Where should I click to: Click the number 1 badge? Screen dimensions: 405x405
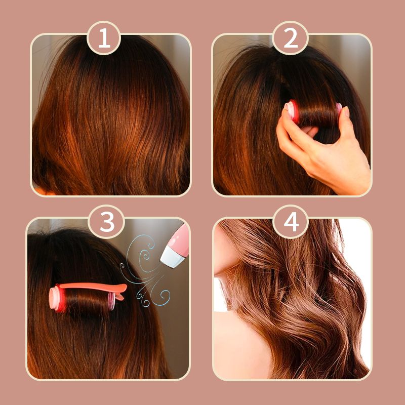click(x=104, y=38)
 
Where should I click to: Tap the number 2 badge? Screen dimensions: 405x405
click(x=290, y=38)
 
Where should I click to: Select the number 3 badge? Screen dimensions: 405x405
click(x=106, y=222)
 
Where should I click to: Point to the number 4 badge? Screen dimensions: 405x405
click(x=291, y=222)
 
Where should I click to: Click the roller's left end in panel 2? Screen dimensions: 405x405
click(x=292, y=110)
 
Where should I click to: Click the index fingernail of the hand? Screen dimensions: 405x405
click(x=346, y=111)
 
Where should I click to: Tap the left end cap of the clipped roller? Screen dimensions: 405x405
click(x=57, y=299)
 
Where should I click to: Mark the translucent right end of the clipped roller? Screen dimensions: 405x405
click(x=111, y=301)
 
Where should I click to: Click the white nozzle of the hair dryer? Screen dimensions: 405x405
click(x=172, y=257)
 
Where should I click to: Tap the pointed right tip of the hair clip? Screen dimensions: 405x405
click(x=126, y=286)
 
